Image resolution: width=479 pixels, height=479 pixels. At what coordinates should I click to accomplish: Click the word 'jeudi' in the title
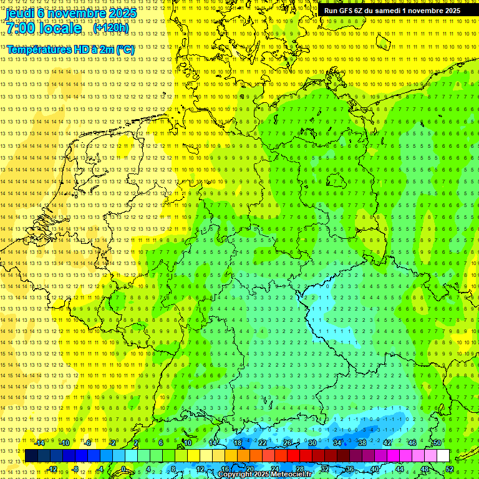tap(21, 12)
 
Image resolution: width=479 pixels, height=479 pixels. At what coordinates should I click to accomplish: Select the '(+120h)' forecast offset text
tap(110, 28)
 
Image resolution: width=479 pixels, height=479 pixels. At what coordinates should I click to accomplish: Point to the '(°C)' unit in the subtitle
tap(124, 49)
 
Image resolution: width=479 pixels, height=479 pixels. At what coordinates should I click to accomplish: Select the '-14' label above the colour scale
tap(39, 442)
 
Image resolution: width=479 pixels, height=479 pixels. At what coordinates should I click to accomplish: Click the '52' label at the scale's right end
tap(450, 469)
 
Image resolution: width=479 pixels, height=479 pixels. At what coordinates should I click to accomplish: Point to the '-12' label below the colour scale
tap(52, 469)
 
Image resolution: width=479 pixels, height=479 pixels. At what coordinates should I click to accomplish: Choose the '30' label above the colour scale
tap(312, 442)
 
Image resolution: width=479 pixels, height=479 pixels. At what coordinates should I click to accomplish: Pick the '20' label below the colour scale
tap(249, 469)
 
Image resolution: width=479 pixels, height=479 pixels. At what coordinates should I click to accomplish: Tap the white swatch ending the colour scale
tap(443, 456)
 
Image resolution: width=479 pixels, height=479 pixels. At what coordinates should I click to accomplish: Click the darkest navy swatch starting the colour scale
tap(31, 456)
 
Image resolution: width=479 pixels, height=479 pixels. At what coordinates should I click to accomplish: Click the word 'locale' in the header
tap(60, 28)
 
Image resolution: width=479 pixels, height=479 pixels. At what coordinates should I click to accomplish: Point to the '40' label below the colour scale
tap(374, 469)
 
